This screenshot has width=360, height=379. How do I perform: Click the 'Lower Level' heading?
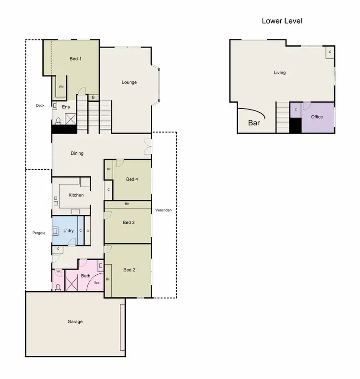pos(282,21)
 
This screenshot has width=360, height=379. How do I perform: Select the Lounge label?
pos(129,82)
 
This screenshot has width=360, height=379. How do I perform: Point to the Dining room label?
pos(77,154)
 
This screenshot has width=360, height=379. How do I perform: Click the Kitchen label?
pos(76,195)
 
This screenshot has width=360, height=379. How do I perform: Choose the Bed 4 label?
pos(132,179)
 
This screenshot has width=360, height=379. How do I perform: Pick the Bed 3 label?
pos(129,222)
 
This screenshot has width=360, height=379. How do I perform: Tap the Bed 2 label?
pos(129,270)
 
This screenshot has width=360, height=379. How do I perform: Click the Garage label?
pos(75,321)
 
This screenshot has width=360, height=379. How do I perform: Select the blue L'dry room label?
pos(68,231)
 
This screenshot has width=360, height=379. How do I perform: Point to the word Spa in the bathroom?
pos(96,283)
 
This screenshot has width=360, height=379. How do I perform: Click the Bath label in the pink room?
pos(85,276)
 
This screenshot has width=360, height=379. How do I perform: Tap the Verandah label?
pos(163,210)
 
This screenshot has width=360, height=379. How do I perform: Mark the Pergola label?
pos(39,233)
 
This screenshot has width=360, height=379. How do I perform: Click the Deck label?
pos(40,106)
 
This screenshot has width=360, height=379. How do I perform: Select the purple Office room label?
pos(317,117)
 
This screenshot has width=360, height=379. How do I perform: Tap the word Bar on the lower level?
pos(254,123)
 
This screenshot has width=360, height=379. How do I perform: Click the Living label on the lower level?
pos(279,73)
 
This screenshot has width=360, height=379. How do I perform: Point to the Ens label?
pos(66,107)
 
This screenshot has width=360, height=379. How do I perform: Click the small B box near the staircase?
pos(93,98)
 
